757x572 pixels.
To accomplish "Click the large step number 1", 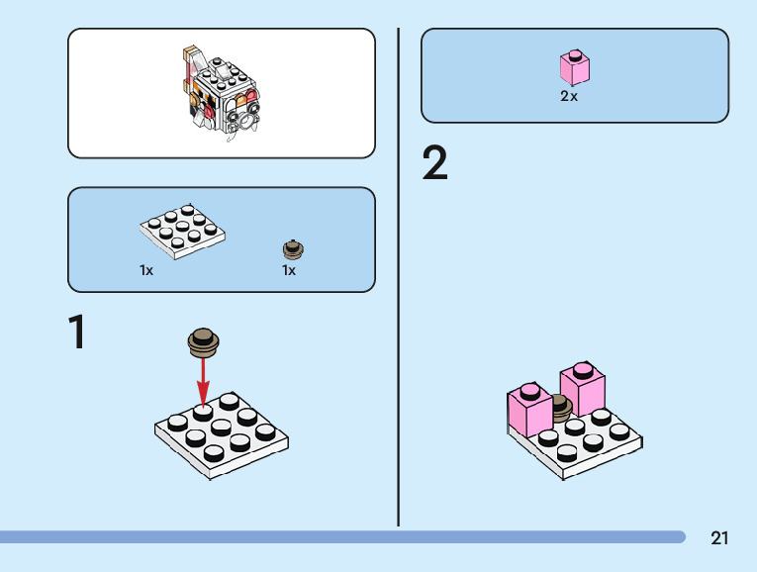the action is tap(77, 333).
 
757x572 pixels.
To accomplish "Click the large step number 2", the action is tap(434, 164).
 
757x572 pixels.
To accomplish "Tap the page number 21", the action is tap(719, 538).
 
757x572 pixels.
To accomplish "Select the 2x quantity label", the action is tap(569, 97).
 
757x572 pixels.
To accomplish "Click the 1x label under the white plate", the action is tap(146, 270).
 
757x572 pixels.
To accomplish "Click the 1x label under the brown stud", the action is tap(289, 270).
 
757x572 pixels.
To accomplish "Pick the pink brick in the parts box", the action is tap(574, 67).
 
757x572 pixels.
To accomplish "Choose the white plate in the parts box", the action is tap(182, 231).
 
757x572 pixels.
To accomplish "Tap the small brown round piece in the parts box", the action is tap(293, 248).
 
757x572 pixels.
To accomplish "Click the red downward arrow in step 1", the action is tap(203, 382).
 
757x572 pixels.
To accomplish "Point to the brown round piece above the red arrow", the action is tap(204, 341).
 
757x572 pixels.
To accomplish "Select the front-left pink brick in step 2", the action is tap(529, 412).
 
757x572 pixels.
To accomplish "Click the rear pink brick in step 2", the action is tap(584, 391).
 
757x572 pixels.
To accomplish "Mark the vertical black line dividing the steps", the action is tap(399, 277).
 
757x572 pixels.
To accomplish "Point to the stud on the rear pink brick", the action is tap(583, 369).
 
